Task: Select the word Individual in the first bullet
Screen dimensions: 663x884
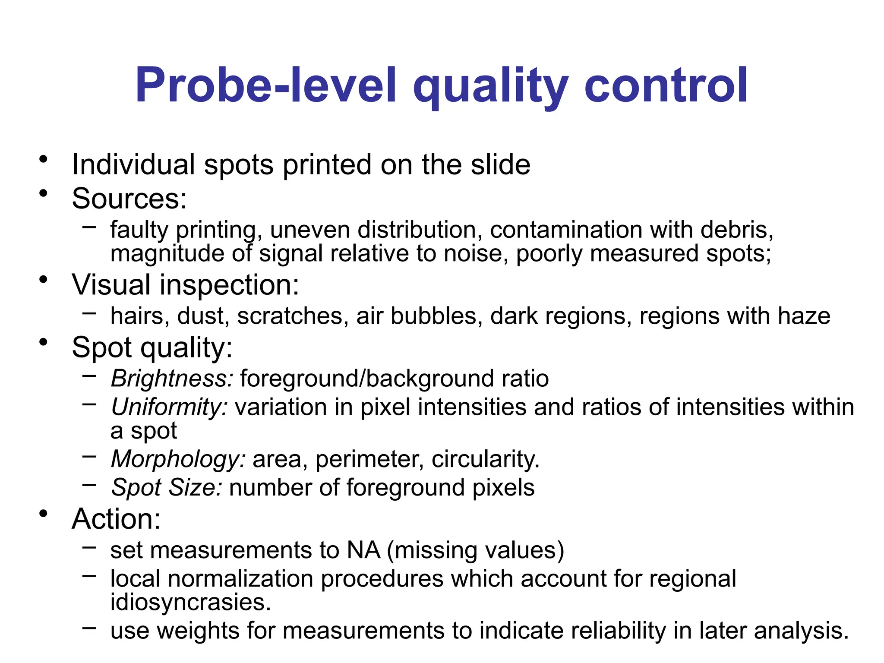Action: click(133, 165)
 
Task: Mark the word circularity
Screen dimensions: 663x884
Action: click(486, 459)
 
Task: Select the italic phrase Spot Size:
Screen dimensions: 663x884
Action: click(167, 488)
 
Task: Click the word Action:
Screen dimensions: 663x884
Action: click(116, 519)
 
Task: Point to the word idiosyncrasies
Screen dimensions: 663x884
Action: click(190, 602)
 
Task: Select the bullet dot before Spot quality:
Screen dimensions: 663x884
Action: click(43, 343)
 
